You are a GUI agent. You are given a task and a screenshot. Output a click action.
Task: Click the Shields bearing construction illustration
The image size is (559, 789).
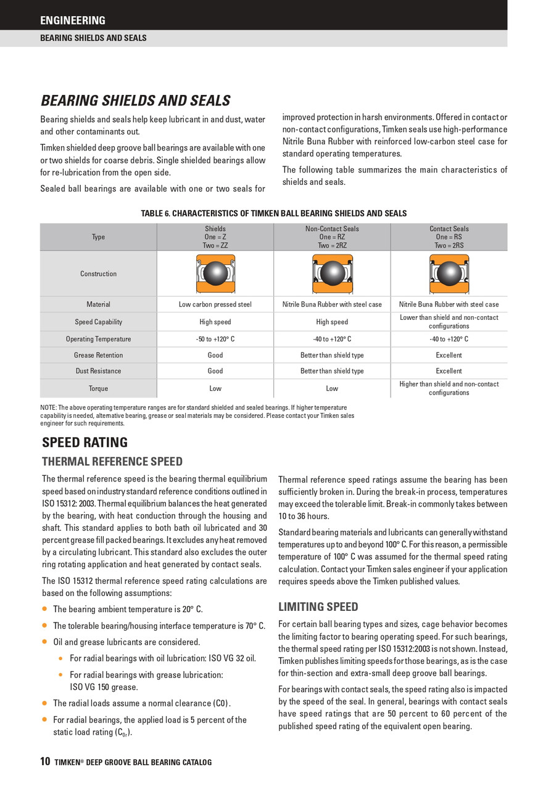[215, 273]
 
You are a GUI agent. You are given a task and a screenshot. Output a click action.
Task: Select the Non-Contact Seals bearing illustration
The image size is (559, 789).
[332, 273]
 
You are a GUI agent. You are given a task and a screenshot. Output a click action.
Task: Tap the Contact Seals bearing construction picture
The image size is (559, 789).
[449, 273]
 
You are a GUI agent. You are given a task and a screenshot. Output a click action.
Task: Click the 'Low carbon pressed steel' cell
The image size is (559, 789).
[215, 305]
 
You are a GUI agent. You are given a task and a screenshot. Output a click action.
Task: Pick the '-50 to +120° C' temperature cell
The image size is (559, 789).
[215, 339]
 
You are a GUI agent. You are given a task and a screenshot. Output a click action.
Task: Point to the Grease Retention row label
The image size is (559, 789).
[98, 355]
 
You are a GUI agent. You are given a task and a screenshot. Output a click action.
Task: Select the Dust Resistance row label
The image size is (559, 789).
[98, 371]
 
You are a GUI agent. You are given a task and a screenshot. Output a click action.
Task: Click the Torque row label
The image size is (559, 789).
[98, 388]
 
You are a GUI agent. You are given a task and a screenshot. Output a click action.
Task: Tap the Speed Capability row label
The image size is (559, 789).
[98, 322]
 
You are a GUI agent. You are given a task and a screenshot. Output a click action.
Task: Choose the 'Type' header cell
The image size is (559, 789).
[98, 237]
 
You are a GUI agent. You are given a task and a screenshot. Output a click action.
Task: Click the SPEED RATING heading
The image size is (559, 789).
[85, 443]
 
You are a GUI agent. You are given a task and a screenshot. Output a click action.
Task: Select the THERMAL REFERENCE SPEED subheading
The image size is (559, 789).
[112, 462]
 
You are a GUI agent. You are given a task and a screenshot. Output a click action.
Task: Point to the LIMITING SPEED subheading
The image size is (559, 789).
[318, 607]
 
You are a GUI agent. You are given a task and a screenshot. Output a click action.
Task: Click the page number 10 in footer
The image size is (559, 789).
[45, 762]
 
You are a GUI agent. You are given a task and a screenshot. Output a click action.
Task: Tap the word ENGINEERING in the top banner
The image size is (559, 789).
[73, 20]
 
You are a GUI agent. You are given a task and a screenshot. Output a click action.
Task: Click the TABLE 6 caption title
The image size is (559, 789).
[274, 213]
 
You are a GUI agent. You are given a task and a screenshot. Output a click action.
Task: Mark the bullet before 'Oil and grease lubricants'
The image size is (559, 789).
[44, 642]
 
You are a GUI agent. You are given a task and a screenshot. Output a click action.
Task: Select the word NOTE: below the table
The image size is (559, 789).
[48, 407]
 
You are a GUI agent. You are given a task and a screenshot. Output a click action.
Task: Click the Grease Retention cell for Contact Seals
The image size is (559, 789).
[449, 355]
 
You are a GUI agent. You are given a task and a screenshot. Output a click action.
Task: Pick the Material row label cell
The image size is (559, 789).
[98, 305]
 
